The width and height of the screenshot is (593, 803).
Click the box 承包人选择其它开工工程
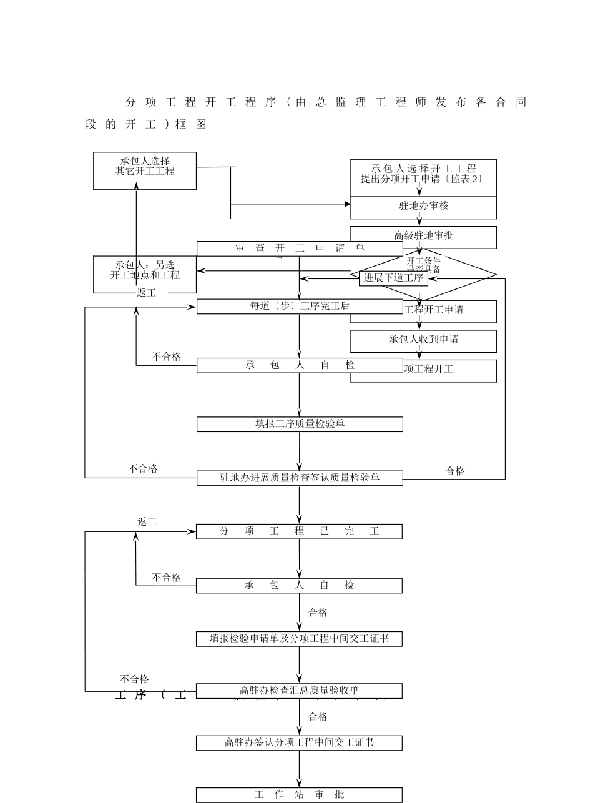tap(145, 170)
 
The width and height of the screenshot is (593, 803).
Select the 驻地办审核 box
tap(423, 207)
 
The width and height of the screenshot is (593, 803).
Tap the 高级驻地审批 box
tap(423, 236)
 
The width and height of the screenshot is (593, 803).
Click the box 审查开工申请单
tap(300, 249)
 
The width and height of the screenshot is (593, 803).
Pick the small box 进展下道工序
tap(393, 278)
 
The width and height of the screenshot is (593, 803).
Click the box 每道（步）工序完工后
tap(300, 307)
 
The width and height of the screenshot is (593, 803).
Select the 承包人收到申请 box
tap(423, 340)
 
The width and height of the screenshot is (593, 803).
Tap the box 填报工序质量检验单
tap(300, 424)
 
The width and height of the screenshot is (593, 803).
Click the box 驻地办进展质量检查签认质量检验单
tap(300, 478)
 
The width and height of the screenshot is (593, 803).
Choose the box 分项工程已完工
tap(299, 531)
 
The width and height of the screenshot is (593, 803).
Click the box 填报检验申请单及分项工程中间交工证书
tap(299, 639)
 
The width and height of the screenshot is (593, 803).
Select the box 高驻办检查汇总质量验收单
tap(299, 691)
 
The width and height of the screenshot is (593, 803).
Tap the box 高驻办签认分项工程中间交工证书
tap(299, 743)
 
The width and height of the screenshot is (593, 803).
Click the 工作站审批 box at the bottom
tap(299, 795)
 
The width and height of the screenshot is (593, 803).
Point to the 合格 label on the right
tap(455, 471)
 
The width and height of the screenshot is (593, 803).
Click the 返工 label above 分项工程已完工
tap(147, 522)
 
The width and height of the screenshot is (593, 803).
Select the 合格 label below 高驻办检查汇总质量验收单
tap(318, 717)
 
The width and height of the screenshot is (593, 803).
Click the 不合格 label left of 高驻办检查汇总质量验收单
tap(134, 679)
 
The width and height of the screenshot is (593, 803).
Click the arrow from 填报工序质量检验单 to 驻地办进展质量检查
tap(300, 451)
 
